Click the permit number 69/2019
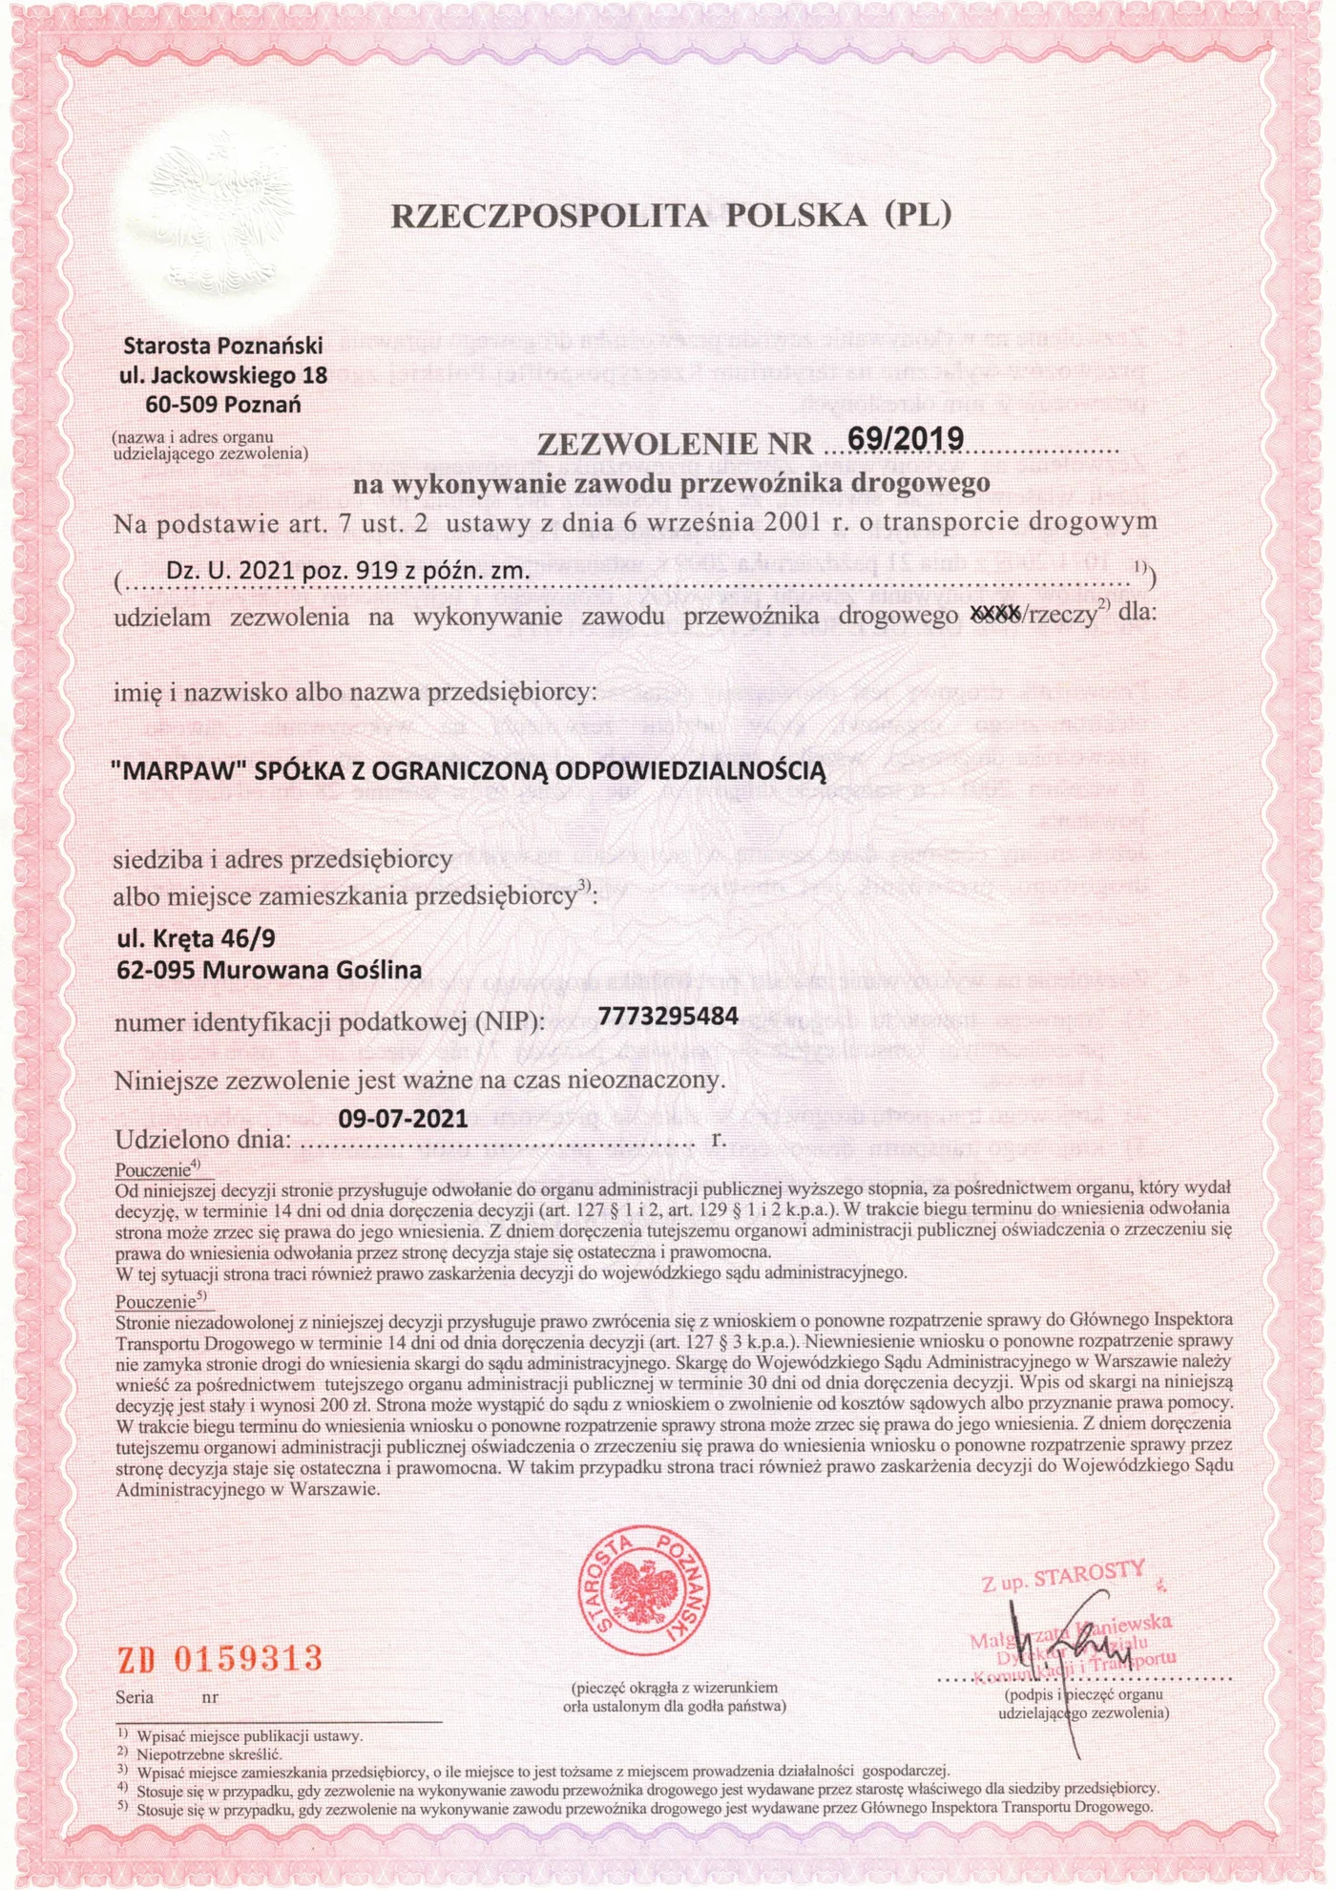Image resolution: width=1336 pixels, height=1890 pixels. pyautogui.click(x=905, y=438)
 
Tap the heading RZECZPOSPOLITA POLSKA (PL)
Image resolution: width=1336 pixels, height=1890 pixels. pyautogui.click(x=671, y=216)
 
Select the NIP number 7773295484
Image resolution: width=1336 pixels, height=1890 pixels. pyautogui.click(x=668, y=1015)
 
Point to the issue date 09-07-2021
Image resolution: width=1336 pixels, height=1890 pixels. pyautogui.click(x=403, y=1118)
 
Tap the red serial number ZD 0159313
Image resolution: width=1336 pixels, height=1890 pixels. pyautogui.click(x=219, y=1658)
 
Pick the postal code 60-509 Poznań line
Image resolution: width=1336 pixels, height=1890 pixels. pyautogui.click(x=223, y=405)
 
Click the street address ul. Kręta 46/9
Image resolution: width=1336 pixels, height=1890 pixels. pyautogui.click(x=196, y=938)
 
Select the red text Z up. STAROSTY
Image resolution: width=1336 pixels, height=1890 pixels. pyautogui.click(x=1063, y=1575)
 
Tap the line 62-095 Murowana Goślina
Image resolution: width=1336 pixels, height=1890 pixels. pyautogui.click(x=269, y=970)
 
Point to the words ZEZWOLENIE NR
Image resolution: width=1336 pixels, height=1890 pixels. pyautogui.click(x=675, y=445)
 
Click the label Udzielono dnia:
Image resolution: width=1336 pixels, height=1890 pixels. pyautogui.click(x=202, y=1140)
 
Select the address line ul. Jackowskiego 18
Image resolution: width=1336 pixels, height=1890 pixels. pyautogui.click(x=223, y=375)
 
